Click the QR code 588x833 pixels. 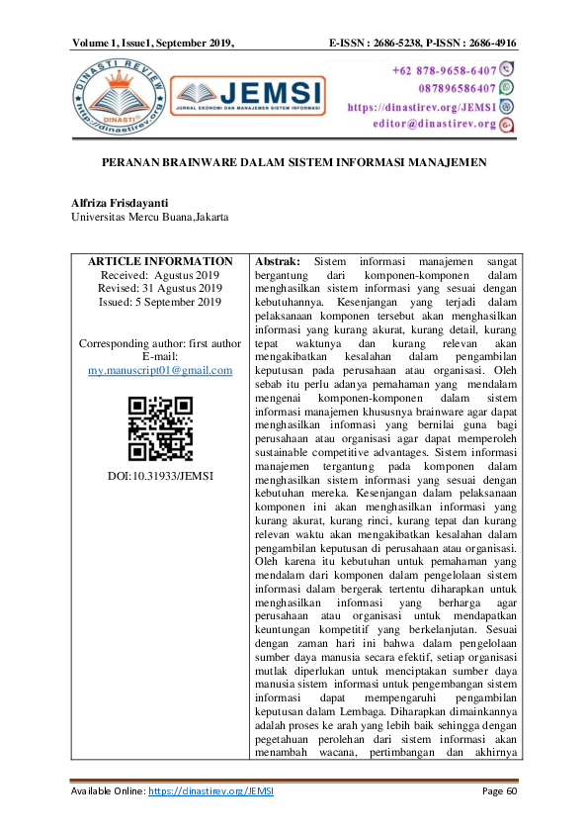pos(160,428)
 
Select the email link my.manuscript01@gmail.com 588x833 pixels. pos(160,370)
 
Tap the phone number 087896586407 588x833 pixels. pos(447,88)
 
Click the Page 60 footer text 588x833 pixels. pos(499,791)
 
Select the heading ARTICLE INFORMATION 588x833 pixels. pos(160,261)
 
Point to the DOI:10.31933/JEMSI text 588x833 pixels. pos(160,476)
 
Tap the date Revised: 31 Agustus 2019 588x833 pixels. pos(160,288)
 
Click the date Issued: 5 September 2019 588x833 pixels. pos(160,302)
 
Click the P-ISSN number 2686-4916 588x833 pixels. pos(488,44)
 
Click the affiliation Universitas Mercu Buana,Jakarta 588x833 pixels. pos(148,216)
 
